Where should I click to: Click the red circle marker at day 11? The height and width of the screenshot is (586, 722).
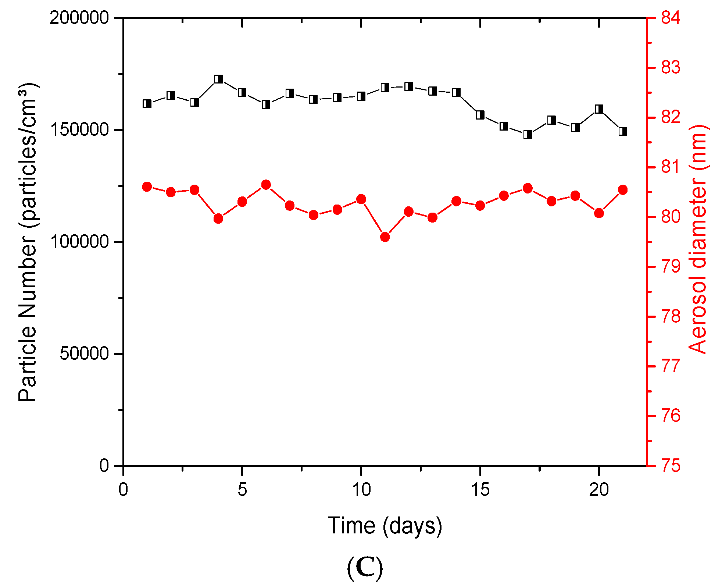(385, 237)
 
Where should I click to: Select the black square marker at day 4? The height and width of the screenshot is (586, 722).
(219, 79)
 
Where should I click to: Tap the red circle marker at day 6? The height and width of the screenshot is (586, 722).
(266, 185)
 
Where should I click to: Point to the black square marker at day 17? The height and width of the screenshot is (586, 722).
(528, 135)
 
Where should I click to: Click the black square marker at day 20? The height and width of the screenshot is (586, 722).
(599, 109)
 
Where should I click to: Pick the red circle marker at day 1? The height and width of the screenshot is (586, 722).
(147, 187)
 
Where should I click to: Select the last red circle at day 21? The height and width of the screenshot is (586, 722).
(623, 190)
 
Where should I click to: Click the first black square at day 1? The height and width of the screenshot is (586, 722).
(147, 104)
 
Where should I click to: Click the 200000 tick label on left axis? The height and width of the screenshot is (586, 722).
(79, 18)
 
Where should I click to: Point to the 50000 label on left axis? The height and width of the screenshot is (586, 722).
(85, 354)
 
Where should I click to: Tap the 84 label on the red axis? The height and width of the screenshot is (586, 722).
(671, 18)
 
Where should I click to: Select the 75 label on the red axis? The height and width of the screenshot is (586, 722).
(671, 466)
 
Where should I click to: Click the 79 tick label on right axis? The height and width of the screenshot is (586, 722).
(671, 267)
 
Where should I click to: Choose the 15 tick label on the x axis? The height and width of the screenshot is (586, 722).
(480, 490)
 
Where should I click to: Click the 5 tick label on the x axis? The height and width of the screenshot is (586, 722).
(242, 490)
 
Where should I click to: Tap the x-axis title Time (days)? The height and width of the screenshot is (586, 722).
(385, 526)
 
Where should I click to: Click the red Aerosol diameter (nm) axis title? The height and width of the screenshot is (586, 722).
(698, 239)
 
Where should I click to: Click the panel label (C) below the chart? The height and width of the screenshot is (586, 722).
(365, 568)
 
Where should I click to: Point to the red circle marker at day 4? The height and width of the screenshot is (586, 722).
(218, 219)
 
